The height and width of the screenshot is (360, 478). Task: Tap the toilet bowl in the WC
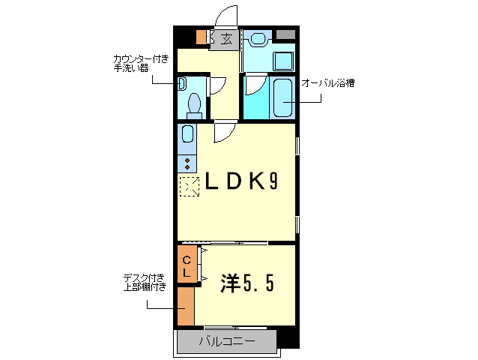coord(194,104)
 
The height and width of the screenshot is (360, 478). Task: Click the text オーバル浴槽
coord(327,82)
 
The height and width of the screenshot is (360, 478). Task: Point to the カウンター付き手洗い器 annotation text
coord(141,64)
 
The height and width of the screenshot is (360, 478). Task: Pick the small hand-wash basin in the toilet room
coord(181,84)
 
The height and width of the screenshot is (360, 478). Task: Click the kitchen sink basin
coord(187,135)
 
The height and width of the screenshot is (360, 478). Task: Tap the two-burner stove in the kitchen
coord(187,162)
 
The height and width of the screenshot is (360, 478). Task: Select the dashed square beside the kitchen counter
coord(189,187)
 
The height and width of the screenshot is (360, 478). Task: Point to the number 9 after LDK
coord(275,182)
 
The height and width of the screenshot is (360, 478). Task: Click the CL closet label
coord(187,266)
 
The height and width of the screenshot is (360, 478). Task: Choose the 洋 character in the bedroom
coord(231,283)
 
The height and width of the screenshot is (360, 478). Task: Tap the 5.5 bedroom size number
coord(262,283)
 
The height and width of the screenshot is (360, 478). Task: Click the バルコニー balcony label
coord(227,342)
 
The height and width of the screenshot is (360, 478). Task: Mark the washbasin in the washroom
coord(258,38)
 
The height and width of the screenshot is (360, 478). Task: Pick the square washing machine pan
coord(284,61)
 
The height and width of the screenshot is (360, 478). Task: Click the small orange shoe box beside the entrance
coord(200,36)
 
